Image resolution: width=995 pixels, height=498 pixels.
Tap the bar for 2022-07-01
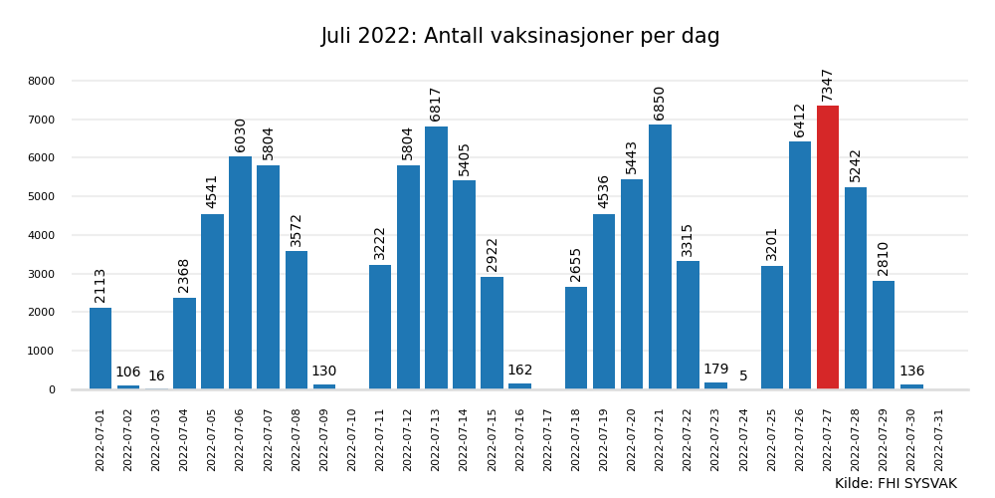[x=100, y=349]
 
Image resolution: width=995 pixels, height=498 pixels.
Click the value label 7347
[x=828, y=85]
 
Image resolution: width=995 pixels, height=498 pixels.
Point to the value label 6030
[x=241, y=134]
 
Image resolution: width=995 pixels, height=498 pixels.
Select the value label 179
[x=715, y=370]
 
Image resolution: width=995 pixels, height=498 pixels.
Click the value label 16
[x=156, y=376]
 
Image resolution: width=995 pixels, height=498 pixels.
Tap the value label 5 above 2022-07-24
[x=743, y=376]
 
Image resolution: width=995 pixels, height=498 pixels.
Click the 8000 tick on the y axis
[x=42, y=81]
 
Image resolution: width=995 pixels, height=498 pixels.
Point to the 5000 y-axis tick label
[x=42, y=196]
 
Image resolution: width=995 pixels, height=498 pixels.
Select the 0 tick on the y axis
[x=52, y=389]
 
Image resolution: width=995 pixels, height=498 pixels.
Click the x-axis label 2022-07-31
[x=939, y=439]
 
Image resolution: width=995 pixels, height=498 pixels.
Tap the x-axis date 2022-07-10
[x=352, y=439]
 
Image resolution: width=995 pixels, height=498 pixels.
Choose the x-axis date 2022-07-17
[x=548, y=439]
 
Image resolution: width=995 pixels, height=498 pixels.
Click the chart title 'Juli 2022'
[x=519, y=37]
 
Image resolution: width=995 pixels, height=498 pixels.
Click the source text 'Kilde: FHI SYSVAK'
[x=895, y=484]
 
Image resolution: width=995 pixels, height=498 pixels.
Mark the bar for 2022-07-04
[x=184, y=344]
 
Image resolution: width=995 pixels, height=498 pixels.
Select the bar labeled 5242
[x=856, y=288]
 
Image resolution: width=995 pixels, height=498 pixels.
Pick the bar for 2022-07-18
[x=576, y=338]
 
